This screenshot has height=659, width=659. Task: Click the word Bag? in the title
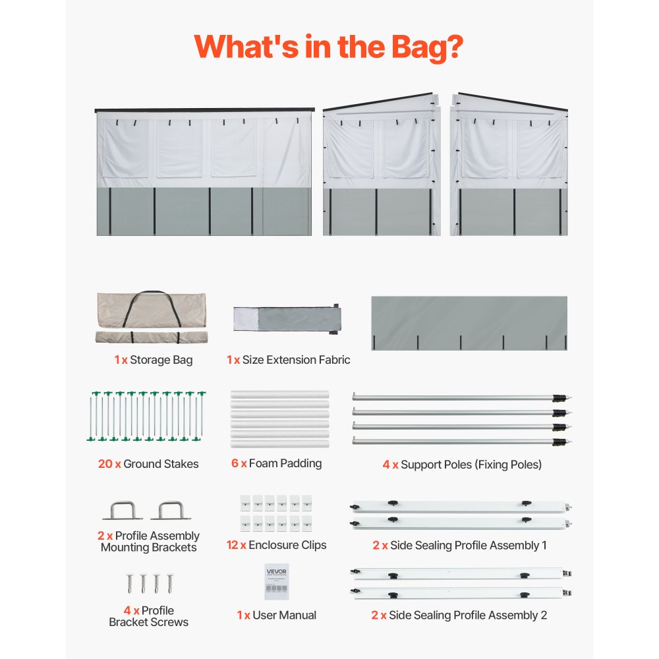[427, 47]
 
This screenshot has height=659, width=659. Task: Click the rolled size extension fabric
[287, 319]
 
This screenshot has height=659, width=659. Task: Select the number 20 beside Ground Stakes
[105, 463]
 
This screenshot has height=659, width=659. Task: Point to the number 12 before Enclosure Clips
[233, 545]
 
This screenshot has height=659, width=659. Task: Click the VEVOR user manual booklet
[277, 582]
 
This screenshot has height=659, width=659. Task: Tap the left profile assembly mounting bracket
[123, 510]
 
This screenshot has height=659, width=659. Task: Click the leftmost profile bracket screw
[130, 583]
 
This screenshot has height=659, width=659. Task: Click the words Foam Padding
[285, 463]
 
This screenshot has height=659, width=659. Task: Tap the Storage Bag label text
[161, 360]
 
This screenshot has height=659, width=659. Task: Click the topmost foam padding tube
[280, 395]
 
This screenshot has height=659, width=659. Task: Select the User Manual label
[285, 615]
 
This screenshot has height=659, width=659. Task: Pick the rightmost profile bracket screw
[170, 583]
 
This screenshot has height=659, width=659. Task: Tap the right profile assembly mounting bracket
[171, 510]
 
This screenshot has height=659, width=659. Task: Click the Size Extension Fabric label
[297, 360]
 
